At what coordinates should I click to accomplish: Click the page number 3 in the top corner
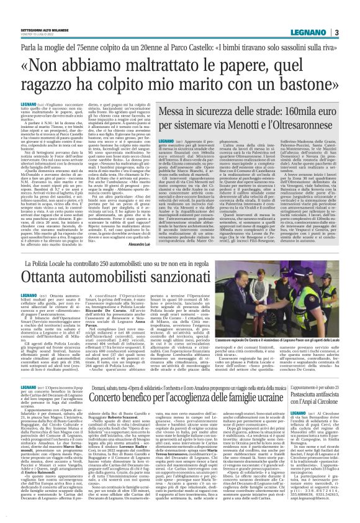pyautogui.click(x=351, y=14)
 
